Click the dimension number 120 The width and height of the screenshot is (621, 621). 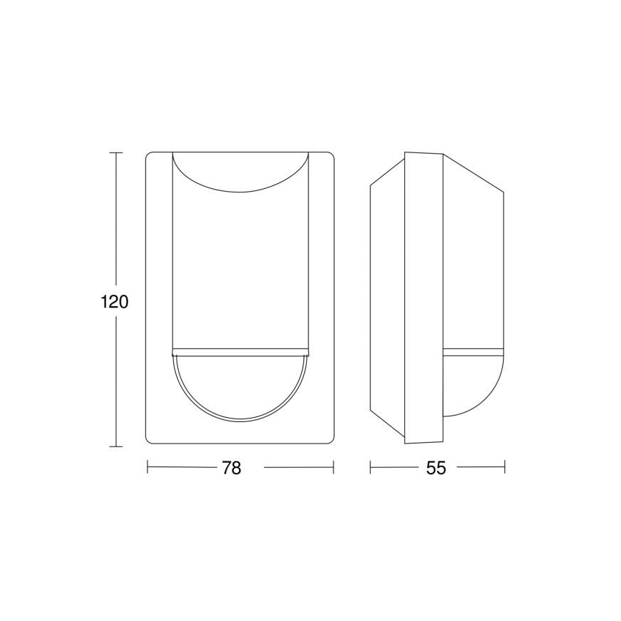pyautogui.click(x=114, y=301)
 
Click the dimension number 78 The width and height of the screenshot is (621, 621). pyautogui.click(x=231, y=468)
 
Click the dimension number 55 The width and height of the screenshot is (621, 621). pyautogui.click(x=436, y=468)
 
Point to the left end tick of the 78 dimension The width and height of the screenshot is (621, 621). pyautogui.click(x=148, y=468)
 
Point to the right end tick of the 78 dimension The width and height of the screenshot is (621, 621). pyautogui.click(x=333, y=468)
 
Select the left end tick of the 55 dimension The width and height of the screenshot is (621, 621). pyautogui.click(x=371, y=468)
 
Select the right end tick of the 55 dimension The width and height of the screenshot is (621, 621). pyautogui.click(x=504, y=468)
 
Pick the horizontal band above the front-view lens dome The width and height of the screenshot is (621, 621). pyautogui.click(x=240, y=352)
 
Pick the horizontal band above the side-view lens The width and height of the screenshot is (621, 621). pyautogui.click(x=474, y=352)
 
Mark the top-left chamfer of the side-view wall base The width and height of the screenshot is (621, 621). pyautogui.click(x=387, y=170)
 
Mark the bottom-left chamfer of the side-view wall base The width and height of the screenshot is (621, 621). pyautogui.click(x=387, y=428)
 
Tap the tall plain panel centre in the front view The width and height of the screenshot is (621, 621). pyautogui.click(x=240, y=272)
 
